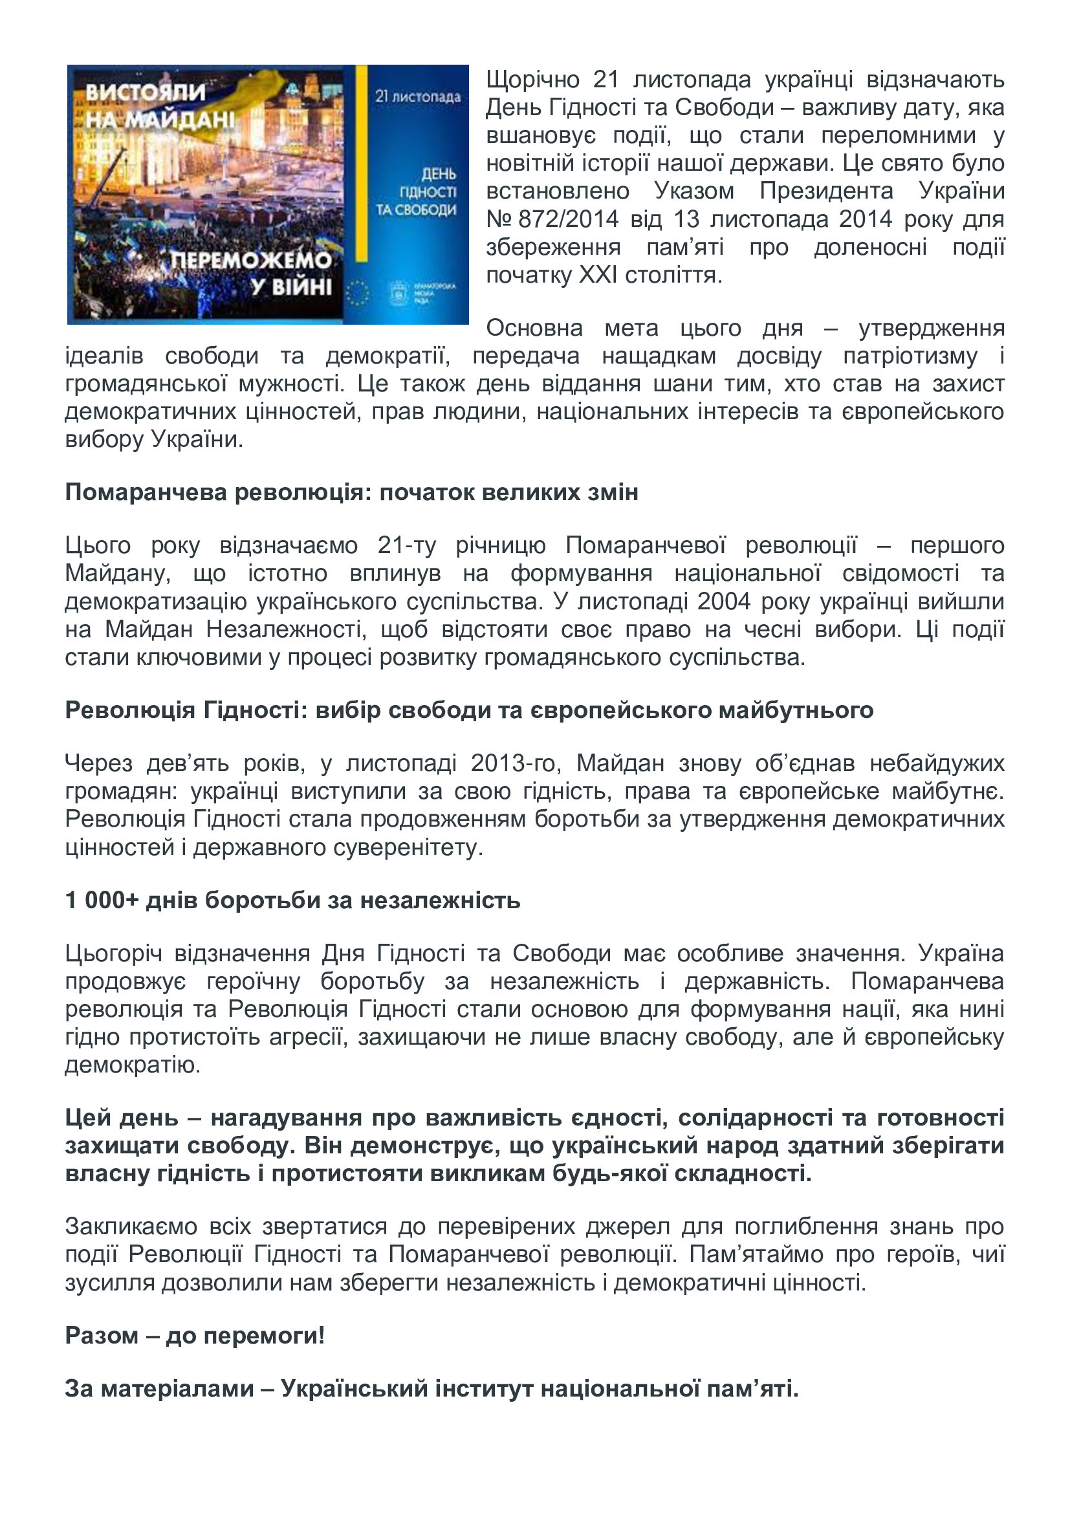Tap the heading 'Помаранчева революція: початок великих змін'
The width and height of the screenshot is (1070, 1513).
pos(351,492)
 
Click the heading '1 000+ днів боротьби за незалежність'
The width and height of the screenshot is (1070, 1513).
pos(292,900)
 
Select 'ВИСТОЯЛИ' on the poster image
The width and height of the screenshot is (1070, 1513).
pos(146,93)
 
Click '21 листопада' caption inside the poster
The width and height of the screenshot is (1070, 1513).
pos(418,97)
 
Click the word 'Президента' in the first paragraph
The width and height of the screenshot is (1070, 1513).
pos(826,191)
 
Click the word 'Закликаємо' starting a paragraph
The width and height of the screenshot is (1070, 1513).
pos(131,1226)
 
